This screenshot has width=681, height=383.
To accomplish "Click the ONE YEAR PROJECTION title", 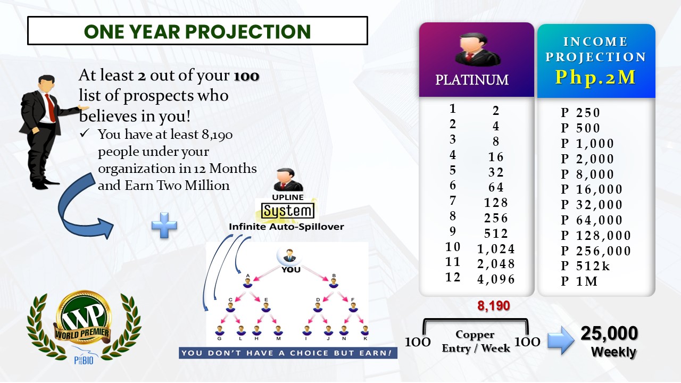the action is (197, 31).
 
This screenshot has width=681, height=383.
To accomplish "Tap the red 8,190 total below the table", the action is (493, 306).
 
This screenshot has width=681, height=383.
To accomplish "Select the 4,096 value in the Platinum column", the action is (496, 279).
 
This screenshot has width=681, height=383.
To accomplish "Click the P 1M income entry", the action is (579, 281).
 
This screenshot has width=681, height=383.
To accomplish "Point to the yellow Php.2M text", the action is (595, 77).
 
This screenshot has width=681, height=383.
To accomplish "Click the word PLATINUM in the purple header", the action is (472, 80).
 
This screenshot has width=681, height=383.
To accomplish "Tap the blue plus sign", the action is (164, 225).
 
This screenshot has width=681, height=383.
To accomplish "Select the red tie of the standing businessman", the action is (51, 107).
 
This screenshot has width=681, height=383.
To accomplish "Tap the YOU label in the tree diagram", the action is (290, 270).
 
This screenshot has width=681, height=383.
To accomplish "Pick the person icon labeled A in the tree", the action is (248, 282).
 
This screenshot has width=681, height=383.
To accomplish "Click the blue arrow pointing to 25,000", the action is (561, 340).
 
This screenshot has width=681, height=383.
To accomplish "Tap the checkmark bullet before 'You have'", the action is (85, 133).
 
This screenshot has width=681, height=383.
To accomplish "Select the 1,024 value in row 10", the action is (496, 249).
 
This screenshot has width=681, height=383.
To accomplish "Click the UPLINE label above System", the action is (288, 197).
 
